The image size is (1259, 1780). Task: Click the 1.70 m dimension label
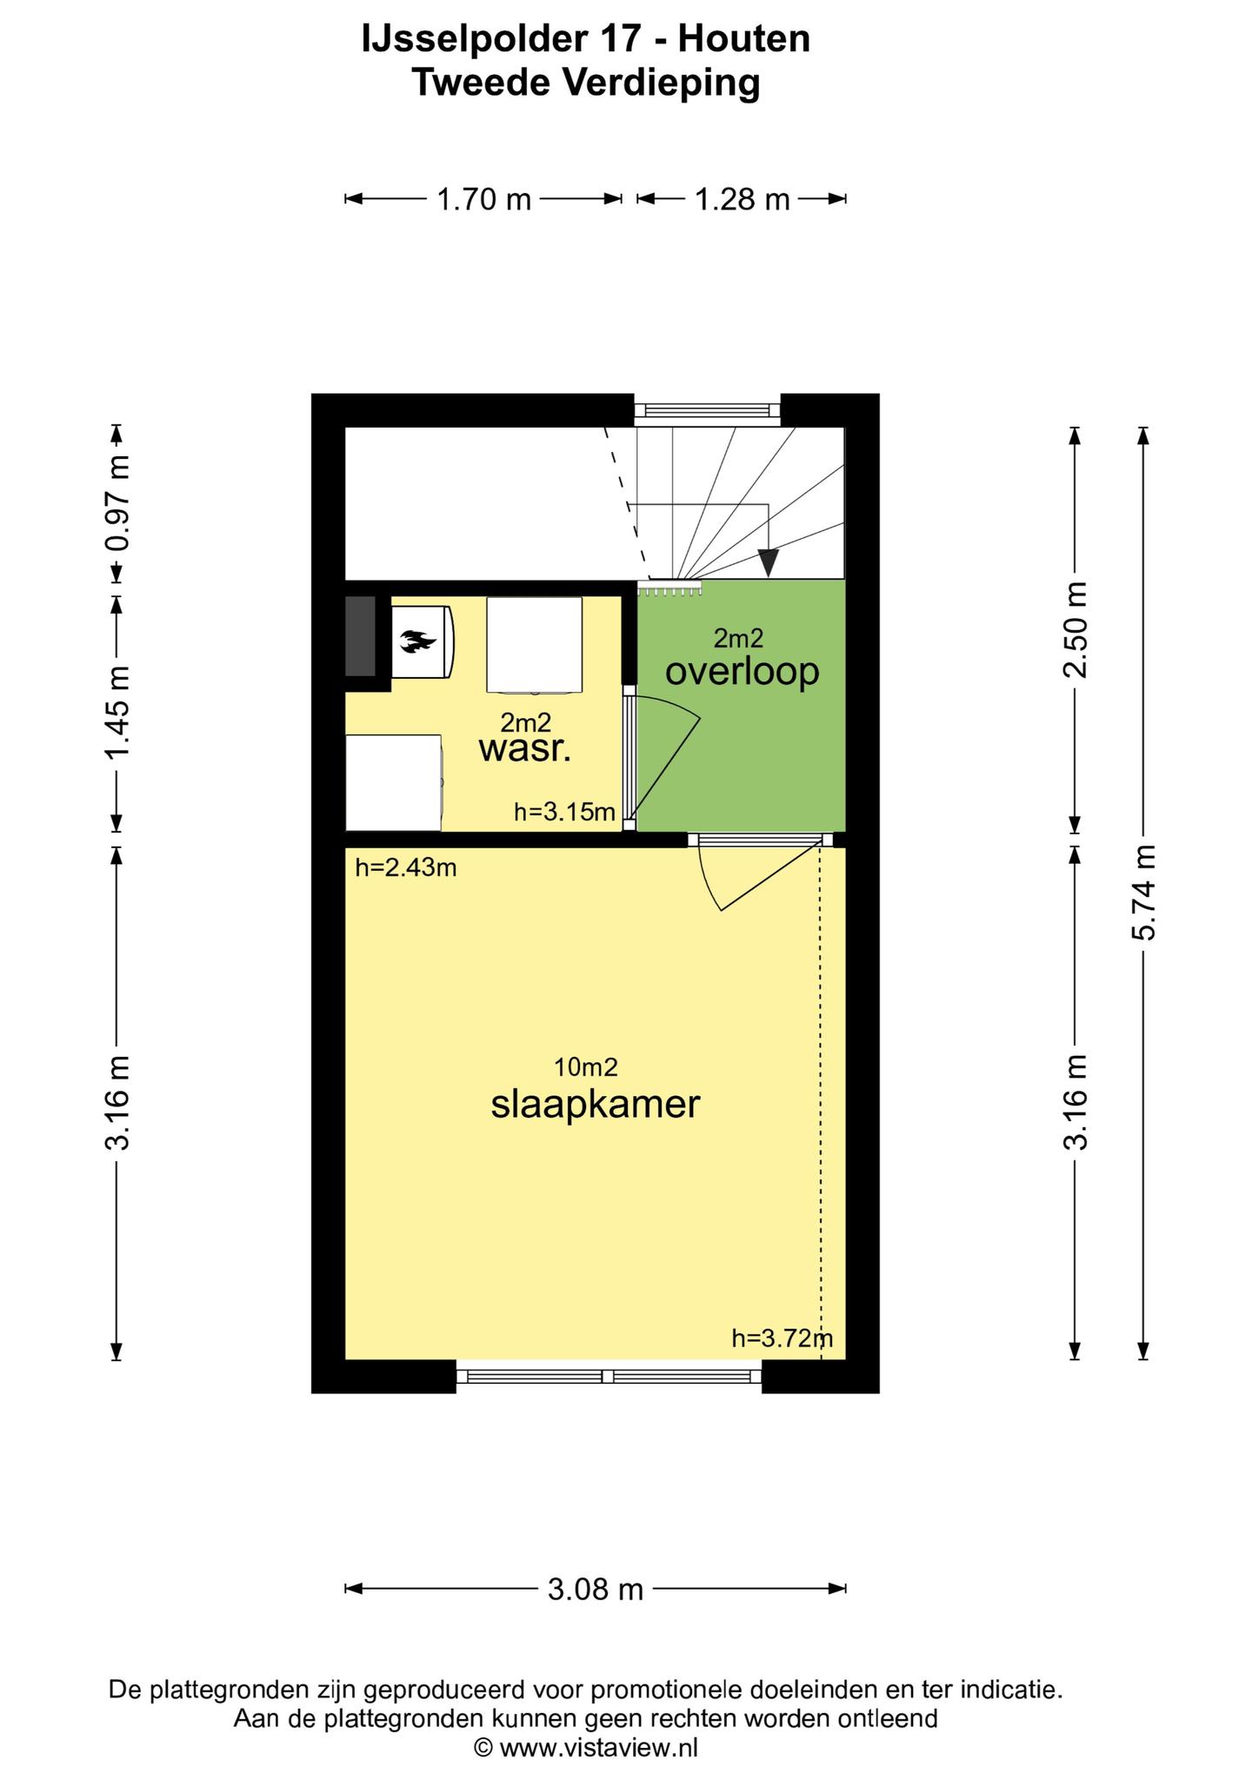coord(483,200)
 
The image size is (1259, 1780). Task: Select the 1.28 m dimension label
coord(742,200)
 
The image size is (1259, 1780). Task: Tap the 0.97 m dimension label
coord(117,503)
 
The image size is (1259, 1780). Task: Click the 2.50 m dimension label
coord(1076,630)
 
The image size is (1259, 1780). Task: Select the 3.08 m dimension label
coord(596,1591)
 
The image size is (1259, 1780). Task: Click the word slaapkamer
coord(596,1106)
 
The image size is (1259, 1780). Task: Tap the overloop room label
coord(742,672)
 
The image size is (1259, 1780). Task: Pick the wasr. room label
coord(525,749)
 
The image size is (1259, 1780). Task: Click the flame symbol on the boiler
coord(417,642)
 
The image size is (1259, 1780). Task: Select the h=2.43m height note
coord(406,867)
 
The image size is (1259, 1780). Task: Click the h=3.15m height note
coord(564,813)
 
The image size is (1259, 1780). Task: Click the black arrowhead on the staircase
coord(769,563)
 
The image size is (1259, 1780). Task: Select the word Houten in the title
coord(744,39)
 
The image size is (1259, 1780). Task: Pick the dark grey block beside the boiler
coord(361,636)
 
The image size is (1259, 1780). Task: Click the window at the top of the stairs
coord(707,410)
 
